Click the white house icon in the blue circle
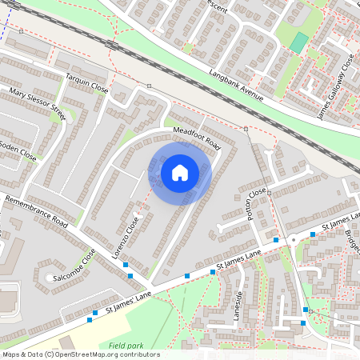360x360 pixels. [180, 172]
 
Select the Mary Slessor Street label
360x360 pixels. [36, 104]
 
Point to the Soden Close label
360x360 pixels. [17, 150]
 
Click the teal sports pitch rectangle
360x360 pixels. [298, 43]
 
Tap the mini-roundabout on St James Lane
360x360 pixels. [293, 239]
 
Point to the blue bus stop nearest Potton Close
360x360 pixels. [276, 239]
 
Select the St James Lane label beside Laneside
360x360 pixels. [238, 265]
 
